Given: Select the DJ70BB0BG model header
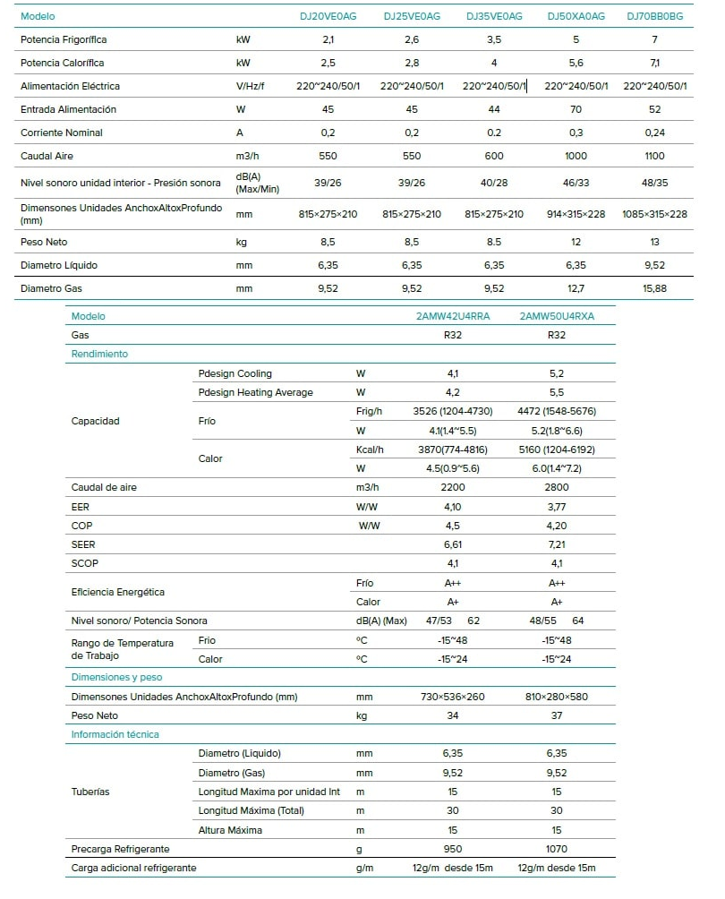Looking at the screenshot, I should pos(656,17).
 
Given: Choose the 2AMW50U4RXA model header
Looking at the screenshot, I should pos(556,316).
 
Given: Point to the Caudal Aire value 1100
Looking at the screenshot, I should pos(656,156).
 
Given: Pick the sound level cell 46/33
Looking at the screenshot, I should pos(576,183).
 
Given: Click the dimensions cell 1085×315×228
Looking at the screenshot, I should pos(654,215).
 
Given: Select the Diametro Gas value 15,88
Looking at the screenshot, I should pos(656,289).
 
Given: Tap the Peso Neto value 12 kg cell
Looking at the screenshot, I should pos(576,243).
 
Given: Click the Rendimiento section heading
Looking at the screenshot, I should pos(99,354).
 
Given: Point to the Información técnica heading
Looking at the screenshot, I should pos(115,734).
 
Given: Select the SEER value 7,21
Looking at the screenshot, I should pos(556,544).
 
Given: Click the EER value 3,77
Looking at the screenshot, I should pos(556,507).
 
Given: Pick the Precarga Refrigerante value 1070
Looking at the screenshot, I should pos(556,849).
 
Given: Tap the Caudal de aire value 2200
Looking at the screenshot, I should pos(453,487).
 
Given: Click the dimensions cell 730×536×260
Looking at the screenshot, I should pos(453,697).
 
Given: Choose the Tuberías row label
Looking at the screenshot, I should pos(90,792).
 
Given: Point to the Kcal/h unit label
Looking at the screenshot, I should pos(370,449).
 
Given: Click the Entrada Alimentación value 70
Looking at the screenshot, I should pos(576,109).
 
